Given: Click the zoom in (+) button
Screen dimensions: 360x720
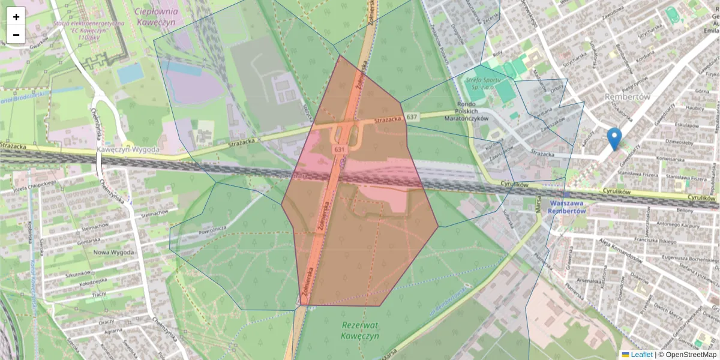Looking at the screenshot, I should (x=16, y=17).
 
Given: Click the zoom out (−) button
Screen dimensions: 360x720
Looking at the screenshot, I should (x=16, y=35).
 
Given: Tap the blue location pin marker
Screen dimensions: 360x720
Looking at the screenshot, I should (x=614, y=139).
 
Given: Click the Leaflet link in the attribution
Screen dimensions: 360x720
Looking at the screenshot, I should (x=641, y=355).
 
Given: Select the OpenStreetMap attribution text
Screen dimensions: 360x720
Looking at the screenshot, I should (x=690, y=355).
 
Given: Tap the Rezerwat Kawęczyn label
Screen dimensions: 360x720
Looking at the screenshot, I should (x=361, y=330).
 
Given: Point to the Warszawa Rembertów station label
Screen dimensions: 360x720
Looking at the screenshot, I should (x=567, y=207).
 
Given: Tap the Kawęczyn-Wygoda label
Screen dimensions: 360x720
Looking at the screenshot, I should (x=128, y=149).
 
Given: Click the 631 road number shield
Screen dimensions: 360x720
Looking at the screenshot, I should (x=340, y=148).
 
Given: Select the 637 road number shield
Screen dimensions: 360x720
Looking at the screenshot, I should (x=412, y=116).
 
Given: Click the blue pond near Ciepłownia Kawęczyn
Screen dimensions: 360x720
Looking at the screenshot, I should (x=130, y=73).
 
